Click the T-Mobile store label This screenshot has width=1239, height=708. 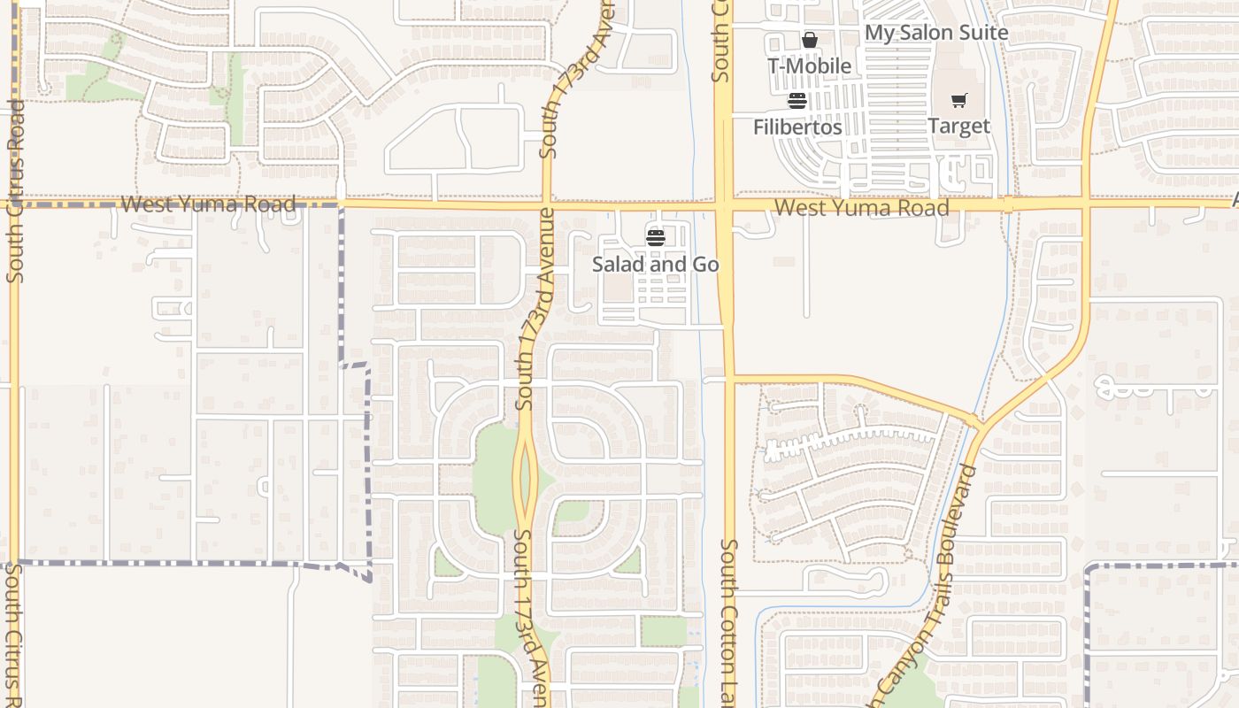tap(809, 66)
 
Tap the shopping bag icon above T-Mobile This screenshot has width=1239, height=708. tap(809, 40)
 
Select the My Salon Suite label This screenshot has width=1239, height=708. tap(935, 33)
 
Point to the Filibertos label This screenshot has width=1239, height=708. tap(797, 127)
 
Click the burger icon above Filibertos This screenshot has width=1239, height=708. tap(797, 101)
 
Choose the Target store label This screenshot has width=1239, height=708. tap(958, 127)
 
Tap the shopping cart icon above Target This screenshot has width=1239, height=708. tap(959, 101)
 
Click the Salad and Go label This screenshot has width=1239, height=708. tap(655, 265)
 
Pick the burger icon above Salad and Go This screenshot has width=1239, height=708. tap(655, 237)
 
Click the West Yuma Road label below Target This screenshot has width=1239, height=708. tap(861, 208)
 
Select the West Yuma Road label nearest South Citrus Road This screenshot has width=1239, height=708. tap(208, 204)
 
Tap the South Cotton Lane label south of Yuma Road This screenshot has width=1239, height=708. tap(730, 619)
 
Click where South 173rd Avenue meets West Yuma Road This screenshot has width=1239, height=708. tap(546, 204)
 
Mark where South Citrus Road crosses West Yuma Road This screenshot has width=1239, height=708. tap(13, 204)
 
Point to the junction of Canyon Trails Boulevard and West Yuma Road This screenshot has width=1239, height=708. tap(1088, 204)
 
